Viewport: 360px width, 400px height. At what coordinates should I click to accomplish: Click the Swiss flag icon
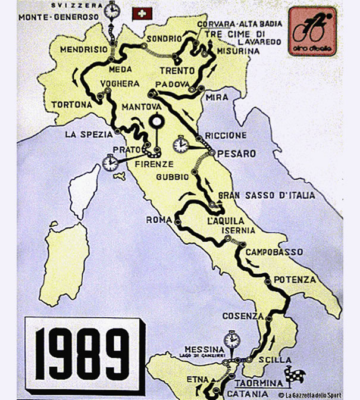point(141,13)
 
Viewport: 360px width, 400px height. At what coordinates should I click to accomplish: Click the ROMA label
point(158,220)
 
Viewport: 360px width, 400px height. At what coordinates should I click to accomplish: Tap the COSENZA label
point(242,315)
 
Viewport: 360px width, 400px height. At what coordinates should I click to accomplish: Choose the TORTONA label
point(71,104)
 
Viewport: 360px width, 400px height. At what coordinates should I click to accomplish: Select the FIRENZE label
point(154,164)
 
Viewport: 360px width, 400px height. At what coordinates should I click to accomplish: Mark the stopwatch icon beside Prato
point(109,162)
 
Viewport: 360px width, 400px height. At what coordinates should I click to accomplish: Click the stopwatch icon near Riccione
point(181,145)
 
